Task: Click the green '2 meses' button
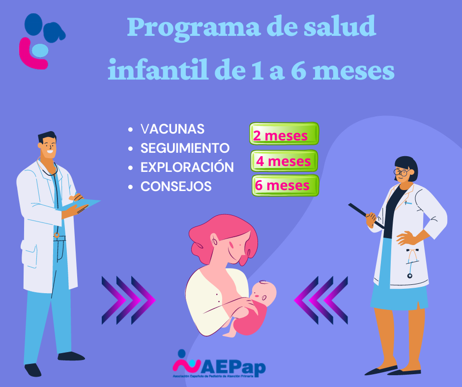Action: coord(284,134)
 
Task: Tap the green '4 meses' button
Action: coord(284,161)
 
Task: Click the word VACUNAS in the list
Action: coord(172,129)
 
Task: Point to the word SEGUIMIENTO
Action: coord(185,148)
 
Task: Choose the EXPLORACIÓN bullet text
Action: coord(187,167)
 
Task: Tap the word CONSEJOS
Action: coord(176,187)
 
